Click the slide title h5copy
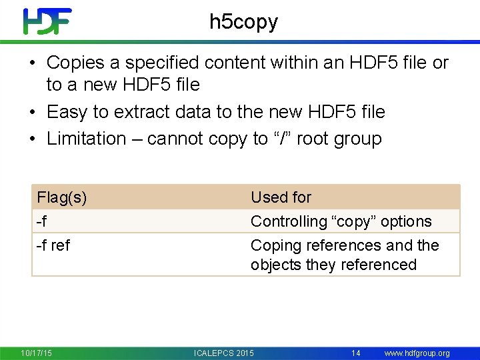point(243,22)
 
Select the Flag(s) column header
point(62,197)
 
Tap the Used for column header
point(281,197)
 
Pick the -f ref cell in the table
point(53,245)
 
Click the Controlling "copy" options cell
point(341,221)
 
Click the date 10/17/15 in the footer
point(37,353)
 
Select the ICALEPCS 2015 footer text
point(223,353)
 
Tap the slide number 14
point(356,353)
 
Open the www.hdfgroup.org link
point(417,353)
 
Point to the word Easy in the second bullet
point(66,112)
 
